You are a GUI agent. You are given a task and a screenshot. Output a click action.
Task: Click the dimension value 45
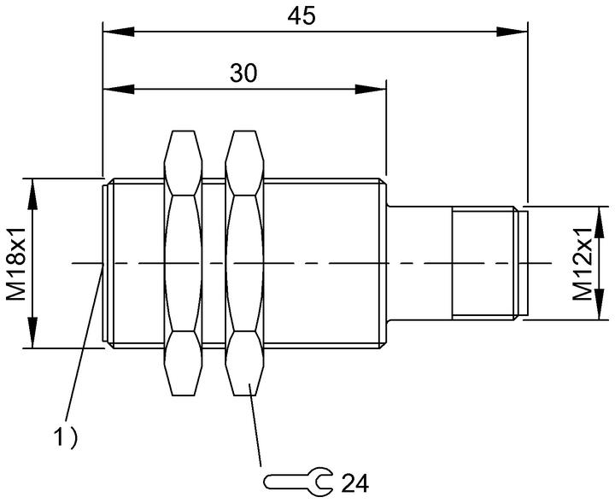pyautogui.click(x=301, y=17)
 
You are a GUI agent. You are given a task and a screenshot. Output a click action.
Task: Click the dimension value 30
pyautogui.click(x=243, y=73)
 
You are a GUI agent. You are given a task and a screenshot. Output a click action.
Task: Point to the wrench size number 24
pyautogui.click(x=355, y=483)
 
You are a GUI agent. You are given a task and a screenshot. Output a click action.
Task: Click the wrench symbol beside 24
pyautogui.click(x=298, y=480)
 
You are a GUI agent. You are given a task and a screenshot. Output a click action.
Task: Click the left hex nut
pyautogui.click(x=183, y=263)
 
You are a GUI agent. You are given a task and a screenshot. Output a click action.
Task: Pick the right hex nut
pyautogui.click(x=245, y=263)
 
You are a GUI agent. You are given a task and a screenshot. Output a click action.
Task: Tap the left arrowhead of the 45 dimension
pyautogui.click(x=119, y=32)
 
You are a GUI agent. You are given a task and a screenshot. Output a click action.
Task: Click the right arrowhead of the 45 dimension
pyautogui.click(x=512, y=32)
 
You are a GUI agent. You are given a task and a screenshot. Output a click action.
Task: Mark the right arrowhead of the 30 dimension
pyautogui.click(x=370, y=89)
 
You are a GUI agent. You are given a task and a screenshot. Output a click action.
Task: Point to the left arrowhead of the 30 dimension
pyautogui.click(x=119, y=89)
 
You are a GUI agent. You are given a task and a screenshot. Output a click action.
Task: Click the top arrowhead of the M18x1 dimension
pyautogui.click(x=32, y=194)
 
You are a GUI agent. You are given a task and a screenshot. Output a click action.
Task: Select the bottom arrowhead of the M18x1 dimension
pyautogui.click(x=32, y=332)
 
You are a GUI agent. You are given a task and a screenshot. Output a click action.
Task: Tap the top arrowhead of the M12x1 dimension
pyautogui.click(x=599, y=222)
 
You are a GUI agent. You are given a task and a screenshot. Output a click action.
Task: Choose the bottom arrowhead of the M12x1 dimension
pyautogui.click(x=599, y=305)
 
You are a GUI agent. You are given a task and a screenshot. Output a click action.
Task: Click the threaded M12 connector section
pyautogui.click(x=483, y=263)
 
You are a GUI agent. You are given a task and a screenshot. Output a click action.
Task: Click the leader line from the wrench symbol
pyautogui.click(x=255, y=425)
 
